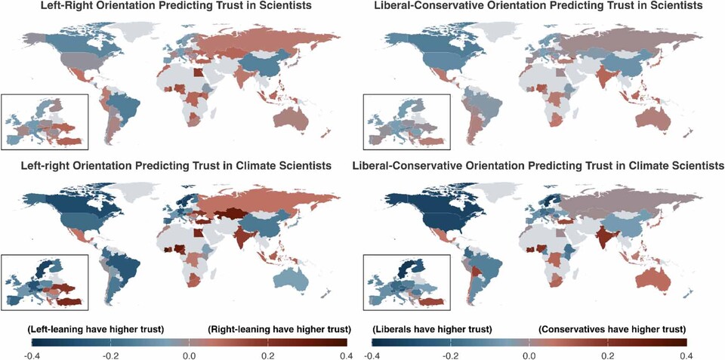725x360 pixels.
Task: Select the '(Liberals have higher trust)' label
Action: tap(433, 329)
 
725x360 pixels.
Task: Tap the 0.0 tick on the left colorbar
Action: tap(189, 355)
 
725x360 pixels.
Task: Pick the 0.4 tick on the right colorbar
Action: tap(683, 355)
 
